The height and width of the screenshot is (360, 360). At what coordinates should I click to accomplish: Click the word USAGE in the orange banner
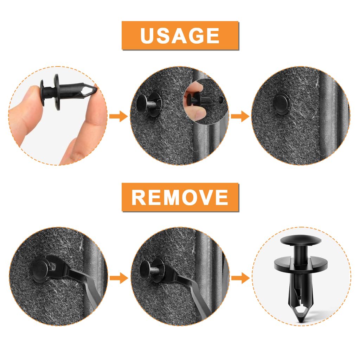pos(180,36)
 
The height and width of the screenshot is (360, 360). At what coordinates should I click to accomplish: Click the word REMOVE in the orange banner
pos(180,197)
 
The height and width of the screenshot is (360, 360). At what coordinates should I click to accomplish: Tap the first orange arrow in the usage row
pos(118,116)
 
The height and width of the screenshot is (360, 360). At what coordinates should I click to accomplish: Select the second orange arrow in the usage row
pos(240,116)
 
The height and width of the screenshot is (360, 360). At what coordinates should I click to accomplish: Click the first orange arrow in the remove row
pos(118,278)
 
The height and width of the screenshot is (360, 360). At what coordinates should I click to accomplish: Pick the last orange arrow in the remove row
pos(240,278)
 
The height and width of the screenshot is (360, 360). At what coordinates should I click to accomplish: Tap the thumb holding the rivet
pos(26,105)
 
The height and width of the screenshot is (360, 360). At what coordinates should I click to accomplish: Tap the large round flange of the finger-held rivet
pos(57,92)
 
